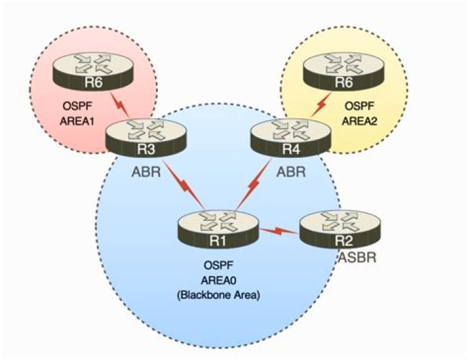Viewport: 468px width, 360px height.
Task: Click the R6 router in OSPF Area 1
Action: pos(94,71)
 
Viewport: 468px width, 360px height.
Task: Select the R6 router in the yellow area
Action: pos(344,71)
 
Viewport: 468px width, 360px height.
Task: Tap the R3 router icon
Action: pos(146,138)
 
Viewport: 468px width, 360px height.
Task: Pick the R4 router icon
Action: pos(291,138)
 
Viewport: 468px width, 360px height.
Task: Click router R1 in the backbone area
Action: pos(218,229)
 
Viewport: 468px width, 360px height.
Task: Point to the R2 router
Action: pos(340,229)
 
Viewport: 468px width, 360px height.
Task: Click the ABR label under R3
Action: pos(146,172)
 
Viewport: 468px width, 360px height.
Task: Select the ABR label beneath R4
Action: pos(291,172)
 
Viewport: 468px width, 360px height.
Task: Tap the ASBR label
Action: pos(357,257)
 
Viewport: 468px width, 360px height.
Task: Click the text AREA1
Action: pos(77,122)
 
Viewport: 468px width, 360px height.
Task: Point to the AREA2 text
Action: pos(359,122)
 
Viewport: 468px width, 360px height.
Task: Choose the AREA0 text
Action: pos(218,280)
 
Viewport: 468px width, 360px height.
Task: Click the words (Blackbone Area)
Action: pos(218,295)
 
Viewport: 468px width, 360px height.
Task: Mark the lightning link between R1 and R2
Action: pos(279,231)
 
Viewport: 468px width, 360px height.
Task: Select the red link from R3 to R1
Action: pos(184,185)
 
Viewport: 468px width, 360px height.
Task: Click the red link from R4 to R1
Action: pos(253,184)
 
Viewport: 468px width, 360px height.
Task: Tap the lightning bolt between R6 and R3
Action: pos(120,105)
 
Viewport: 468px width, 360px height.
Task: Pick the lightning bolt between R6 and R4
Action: pos(321,105)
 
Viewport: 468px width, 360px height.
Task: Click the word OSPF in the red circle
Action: pos(77,107)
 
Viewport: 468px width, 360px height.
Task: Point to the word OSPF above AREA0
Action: pos(218,265)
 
